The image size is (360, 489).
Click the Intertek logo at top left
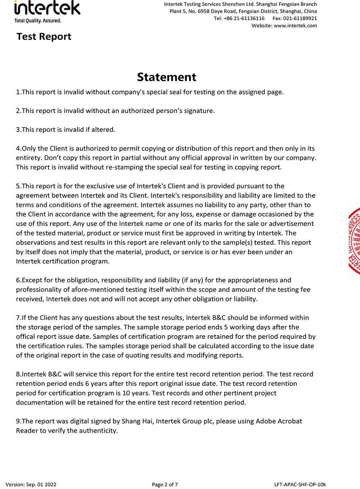tap(47, 8)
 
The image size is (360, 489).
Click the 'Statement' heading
tap(166, 77)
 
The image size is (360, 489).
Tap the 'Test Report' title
tap(44, 37)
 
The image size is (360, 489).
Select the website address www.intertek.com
tap(295, 26)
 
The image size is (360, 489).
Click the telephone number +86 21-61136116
tap(244, 18)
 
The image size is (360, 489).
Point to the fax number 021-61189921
tap(300, 18)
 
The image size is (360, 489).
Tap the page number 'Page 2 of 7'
tap(165, 484)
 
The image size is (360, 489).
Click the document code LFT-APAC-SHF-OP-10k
tap(300, 484)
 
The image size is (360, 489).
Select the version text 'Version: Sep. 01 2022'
tap(31, 484)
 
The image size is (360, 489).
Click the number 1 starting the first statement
tap(18, 92)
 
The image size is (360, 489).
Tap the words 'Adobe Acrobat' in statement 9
tap(279, 421)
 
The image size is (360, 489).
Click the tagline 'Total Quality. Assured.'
tap(37, 21)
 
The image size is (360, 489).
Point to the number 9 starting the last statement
tap(18, 421)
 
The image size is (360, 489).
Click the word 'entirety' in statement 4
tap(28, 158)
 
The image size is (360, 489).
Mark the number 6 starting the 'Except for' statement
tap(18, 280)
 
